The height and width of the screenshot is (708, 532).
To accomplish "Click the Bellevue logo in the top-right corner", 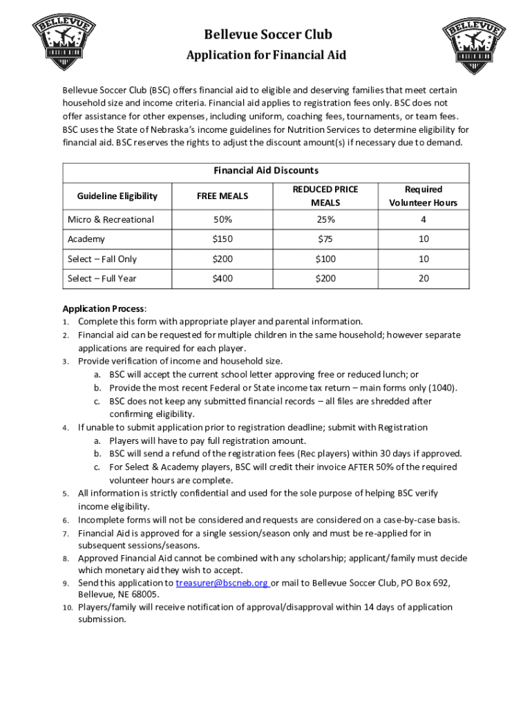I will (x=472, y=41).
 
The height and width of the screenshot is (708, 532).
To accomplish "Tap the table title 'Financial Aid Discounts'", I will (x=266, y=170).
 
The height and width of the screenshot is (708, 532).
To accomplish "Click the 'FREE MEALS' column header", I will (x=222, y=196).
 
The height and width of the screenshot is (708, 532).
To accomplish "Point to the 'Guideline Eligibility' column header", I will (x=117, y=196).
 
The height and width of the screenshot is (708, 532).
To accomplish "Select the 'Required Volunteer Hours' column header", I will (x=423, y=196).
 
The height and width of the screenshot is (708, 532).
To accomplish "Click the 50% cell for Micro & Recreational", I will (x=222, y=220).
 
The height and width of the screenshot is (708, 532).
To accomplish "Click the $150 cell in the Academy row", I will (x=222, y=239).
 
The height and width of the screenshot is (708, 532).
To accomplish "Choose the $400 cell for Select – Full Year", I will (x=222, y=279).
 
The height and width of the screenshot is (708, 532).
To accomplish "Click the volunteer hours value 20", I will (x=424, y=279).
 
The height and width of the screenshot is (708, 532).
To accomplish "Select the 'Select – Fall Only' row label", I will (x=102, y=259).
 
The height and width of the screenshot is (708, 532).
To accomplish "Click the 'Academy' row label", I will (x=86, y=239).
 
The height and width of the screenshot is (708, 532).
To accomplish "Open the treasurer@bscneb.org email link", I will (x=222, y=583).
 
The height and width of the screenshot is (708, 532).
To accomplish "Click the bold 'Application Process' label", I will (x=104, y=308).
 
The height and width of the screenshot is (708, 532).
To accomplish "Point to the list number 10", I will (x=68, y=608).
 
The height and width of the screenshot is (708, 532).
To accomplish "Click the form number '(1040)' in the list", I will (x=442, y=388).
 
